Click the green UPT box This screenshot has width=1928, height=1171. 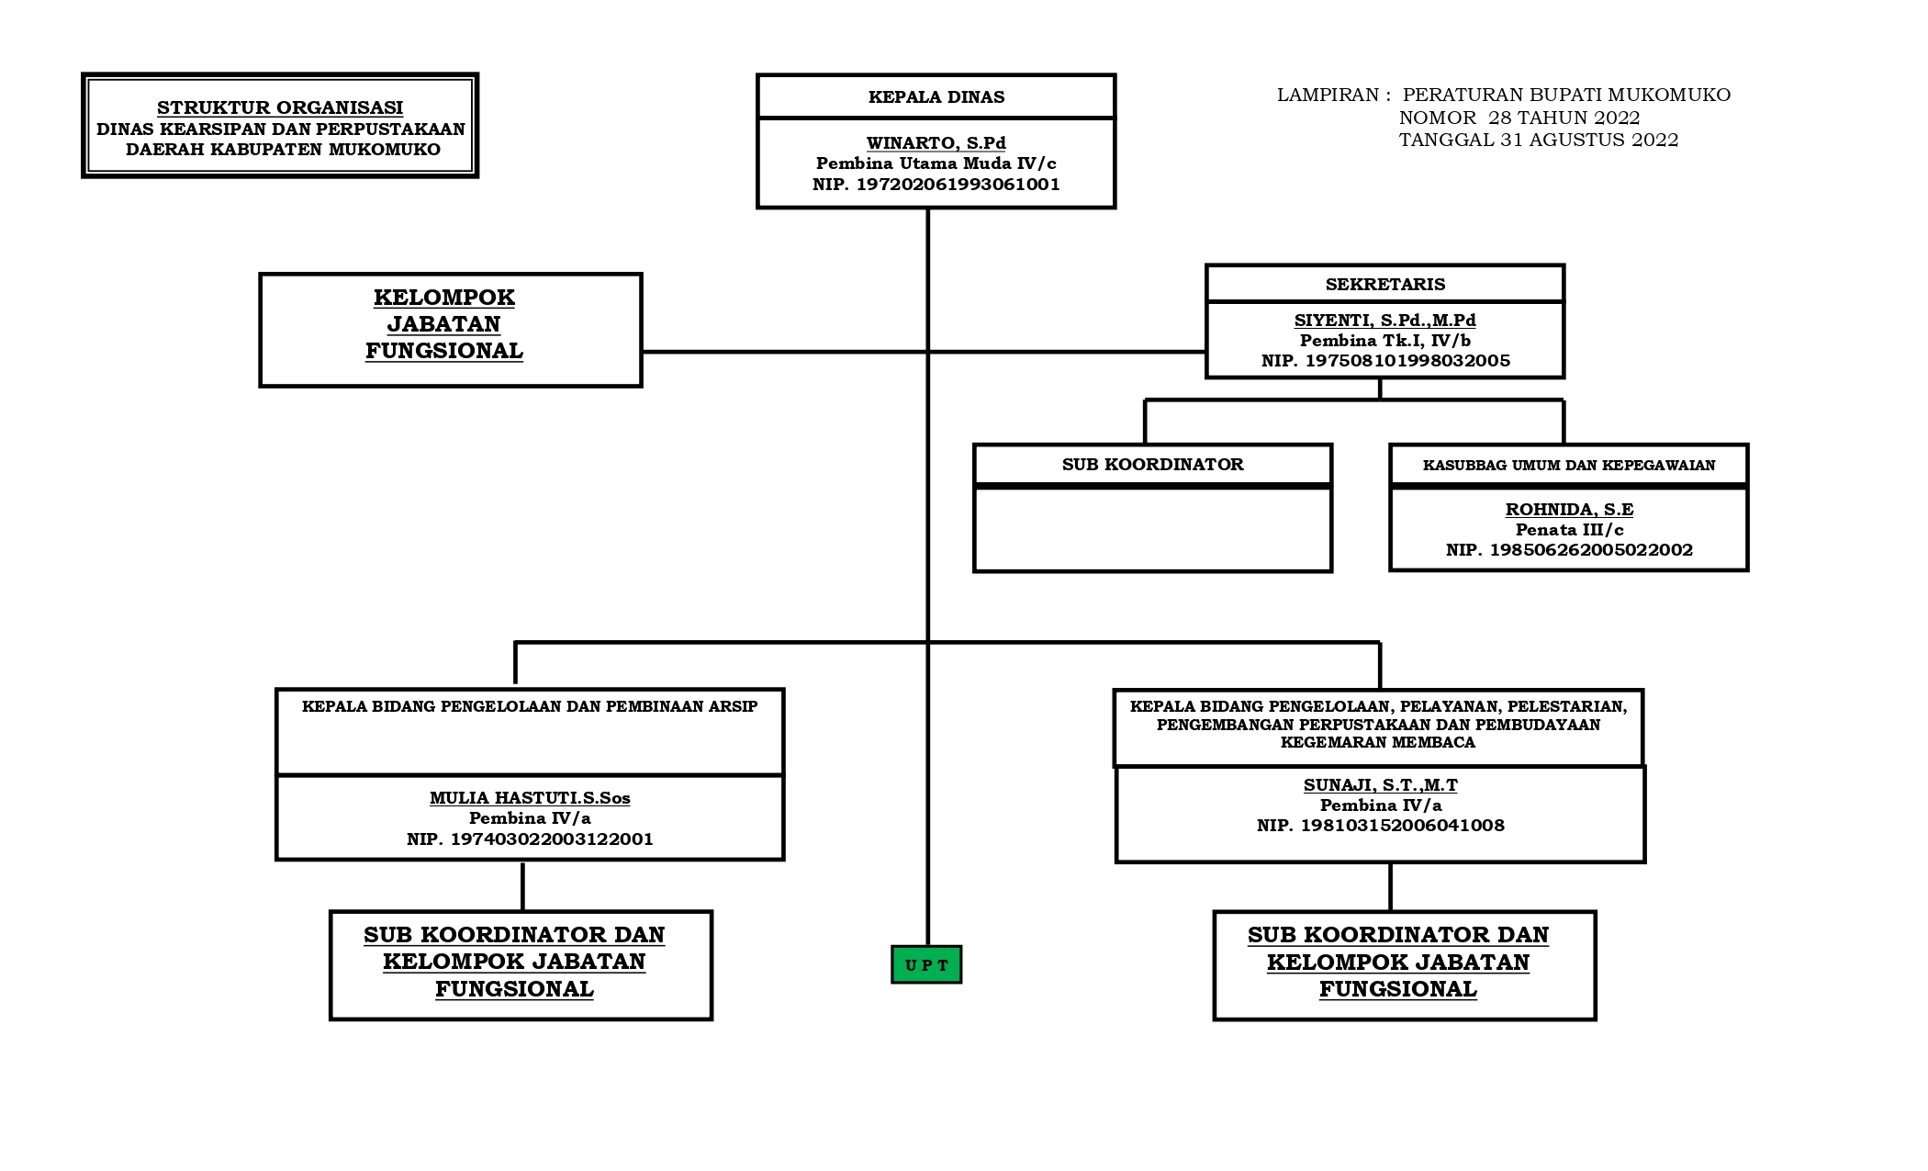(x=926, y=964)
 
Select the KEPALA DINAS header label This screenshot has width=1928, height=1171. (x=936, y=96)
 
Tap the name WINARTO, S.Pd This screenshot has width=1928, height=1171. (x=936, y=142)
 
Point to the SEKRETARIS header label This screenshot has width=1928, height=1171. (x=1385, y=284)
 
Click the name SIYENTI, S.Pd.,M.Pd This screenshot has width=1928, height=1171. (x=1385, y=320)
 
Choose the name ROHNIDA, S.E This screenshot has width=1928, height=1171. (x=1569, y=509)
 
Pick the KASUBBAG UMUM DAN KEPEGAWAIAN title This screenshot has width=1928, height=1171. (x=1569, y=465)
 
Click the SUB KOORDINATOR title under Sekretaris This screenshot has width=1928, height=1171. (x=1153, y=464)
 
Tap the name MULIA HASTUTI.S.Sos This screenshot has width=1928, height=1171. (x=530, y=797)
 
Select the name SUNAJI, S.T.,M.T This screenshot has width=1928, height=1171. (x=1381, y=784)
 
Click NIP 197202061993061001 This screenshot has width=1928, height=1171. (x=936, y=184)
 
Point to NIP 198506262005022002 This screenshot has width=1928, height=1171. (x=1569, y=549)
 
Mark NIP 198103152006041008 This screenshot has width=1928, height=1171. (x=1381, y=825)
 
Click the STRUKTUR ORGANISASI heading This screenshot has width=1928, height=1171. (x=280, y=107)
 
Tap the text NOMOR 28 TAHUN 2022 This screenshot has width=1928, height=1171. (x=1519, y=118)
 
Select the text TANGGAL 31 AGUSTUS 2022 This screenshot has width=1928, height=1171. (x=1539, y=140)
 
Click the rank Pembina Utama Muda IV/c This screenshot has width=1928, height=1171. (x=936, y=163)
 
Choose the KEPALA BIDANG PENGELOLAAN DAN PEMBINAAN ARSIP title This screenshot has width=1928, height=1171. (x=530, y=706)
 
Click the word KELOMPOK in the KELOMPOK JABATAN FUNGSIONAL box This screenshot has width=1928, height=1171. (x=444, y=298)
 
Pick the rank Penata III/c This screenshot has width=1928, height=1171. (x=1569, y=529)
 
